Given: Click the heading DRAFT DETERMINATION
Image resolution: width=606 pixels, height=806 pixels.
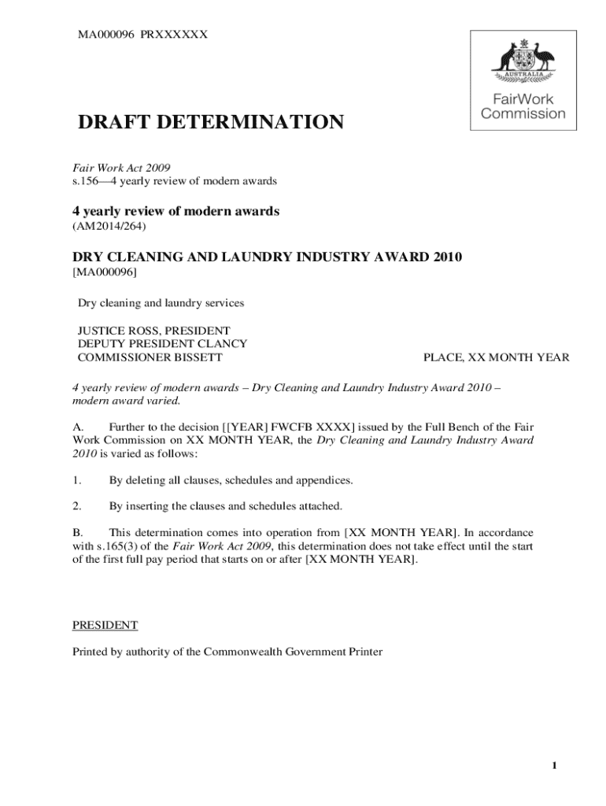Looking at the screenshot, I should pyautogui.click(x=210, y=123).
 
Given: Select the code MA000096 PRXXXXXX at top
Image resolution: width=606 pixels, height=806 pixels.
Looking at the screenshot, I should pyautogui.click(x=142, y=35).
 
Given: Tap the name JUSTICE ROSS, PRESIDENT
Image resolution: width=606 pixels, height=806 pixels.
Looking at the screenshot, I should pyautogui.click(x=153, y=331).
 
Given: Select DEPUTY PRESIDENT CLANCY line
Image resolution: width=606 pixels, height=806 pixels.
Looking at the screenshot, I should pyautogui.click(x=162, y=344).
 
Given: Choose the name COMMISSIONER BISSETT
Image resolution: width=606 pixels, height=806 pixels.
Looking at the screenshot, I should pyautogui.click(x=150, y=357).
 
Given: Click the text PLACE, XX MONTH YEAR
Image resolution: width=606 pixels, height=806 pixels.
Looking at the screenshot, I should pyautogui.click(x=496, y=357).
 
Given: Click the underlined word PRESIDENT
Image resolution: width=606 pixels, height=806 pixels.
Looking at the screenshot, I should pyautogui.click(x=105, y=625).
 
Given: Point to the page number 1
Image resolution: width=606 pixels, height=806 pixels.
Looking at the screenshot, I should pyautogui.click(x=555, y=767).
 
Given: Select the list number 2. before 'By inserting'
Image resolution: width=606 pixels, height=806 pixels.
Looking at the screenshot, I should pyautogui.click(x=77, y=505).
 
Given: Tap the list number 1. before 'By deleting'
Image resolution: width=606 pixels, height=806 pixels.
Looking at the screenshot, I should pyautogui.click(x=77, y=479).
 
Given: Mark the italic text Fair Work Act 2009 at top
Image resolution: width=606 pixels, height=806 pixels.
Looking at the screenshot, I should pyautogui.click(x=122, y=168).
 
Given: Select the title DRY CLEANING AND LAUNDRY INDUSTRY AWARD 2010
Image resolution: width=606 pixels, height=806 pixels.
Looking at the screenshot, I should pyautogui.click(x=268, y=257).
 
